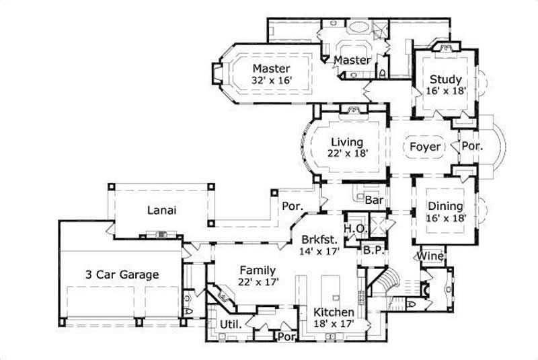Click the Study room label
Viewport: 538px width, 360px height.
tap(445, 80)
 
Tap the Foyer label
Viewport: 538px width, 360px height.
tap(426, 146)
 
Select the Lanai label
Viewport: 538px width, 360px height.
tap(161, 210)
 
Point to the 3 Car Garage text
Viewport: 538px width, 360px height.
tap(122, 274)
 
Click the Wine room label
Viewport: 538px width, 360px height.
tap(430, 256)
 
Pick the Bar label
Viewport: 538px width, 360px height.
tap(374, 200)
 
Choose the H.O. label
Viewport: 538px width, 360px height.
tap(355, 228)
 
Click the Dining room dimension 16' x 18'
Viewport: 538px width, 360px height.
tap(445, 218)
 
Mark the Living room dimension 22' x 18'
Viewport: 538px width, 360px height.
tap(347, 153)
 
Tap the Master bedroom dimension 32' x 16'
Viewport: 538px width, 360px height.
tap(272, 80)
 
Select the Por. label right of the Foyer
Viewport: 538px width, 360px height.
tap(469, 146)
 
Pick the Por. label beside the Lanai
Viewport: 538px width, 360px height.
tap(292, 206)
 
